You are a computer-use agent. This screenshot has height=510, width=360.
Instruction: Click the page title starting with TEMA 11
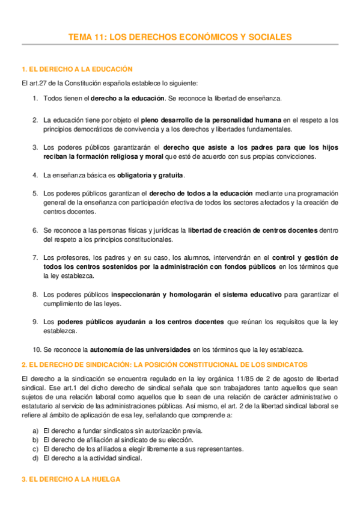[180, 37]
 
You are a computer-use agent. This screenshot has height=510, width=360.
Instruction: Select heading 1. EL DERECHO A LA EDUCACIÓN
[76, 70]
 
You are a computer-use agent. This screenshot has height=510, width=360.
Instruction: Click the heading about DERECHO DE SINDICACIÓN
[164, 364]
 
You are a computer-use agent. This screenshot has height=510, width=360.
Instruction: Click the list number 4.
[35, 175]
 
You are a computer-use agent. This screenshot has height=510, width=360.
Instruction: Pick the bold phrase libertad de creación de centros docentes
[251, 230]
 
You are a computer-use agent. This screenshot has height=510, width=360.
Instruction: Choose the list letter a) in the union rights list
[36, 431]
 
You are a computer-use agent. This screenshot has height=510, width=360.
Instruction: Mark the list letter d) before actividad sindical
[36, 458]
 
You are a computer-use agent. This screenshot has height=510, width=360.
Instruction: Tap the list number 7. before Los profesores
[35, 258]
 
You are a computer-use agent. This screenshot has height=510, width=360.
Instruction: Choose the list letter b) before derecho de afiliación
[36, 440]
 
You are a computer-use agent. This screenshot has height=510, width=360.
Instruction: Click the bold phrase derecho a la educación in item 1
[127, 98]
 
